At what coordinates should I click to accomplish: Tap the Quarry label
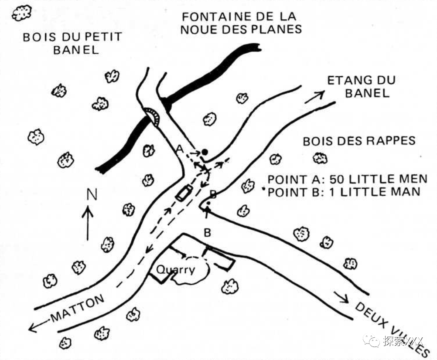175,269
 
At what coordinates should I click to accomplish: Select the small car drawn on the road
184,192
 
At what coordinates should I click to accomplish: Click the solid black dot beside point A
204,152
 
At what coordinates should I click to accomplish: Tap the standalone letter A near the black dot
179,149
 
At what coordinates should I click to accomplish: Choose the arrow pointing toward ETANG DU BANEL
315,97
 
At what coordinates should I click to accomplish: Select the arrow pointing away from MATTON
40,325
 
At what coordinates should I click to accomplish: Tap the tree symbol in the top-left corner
21,13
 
